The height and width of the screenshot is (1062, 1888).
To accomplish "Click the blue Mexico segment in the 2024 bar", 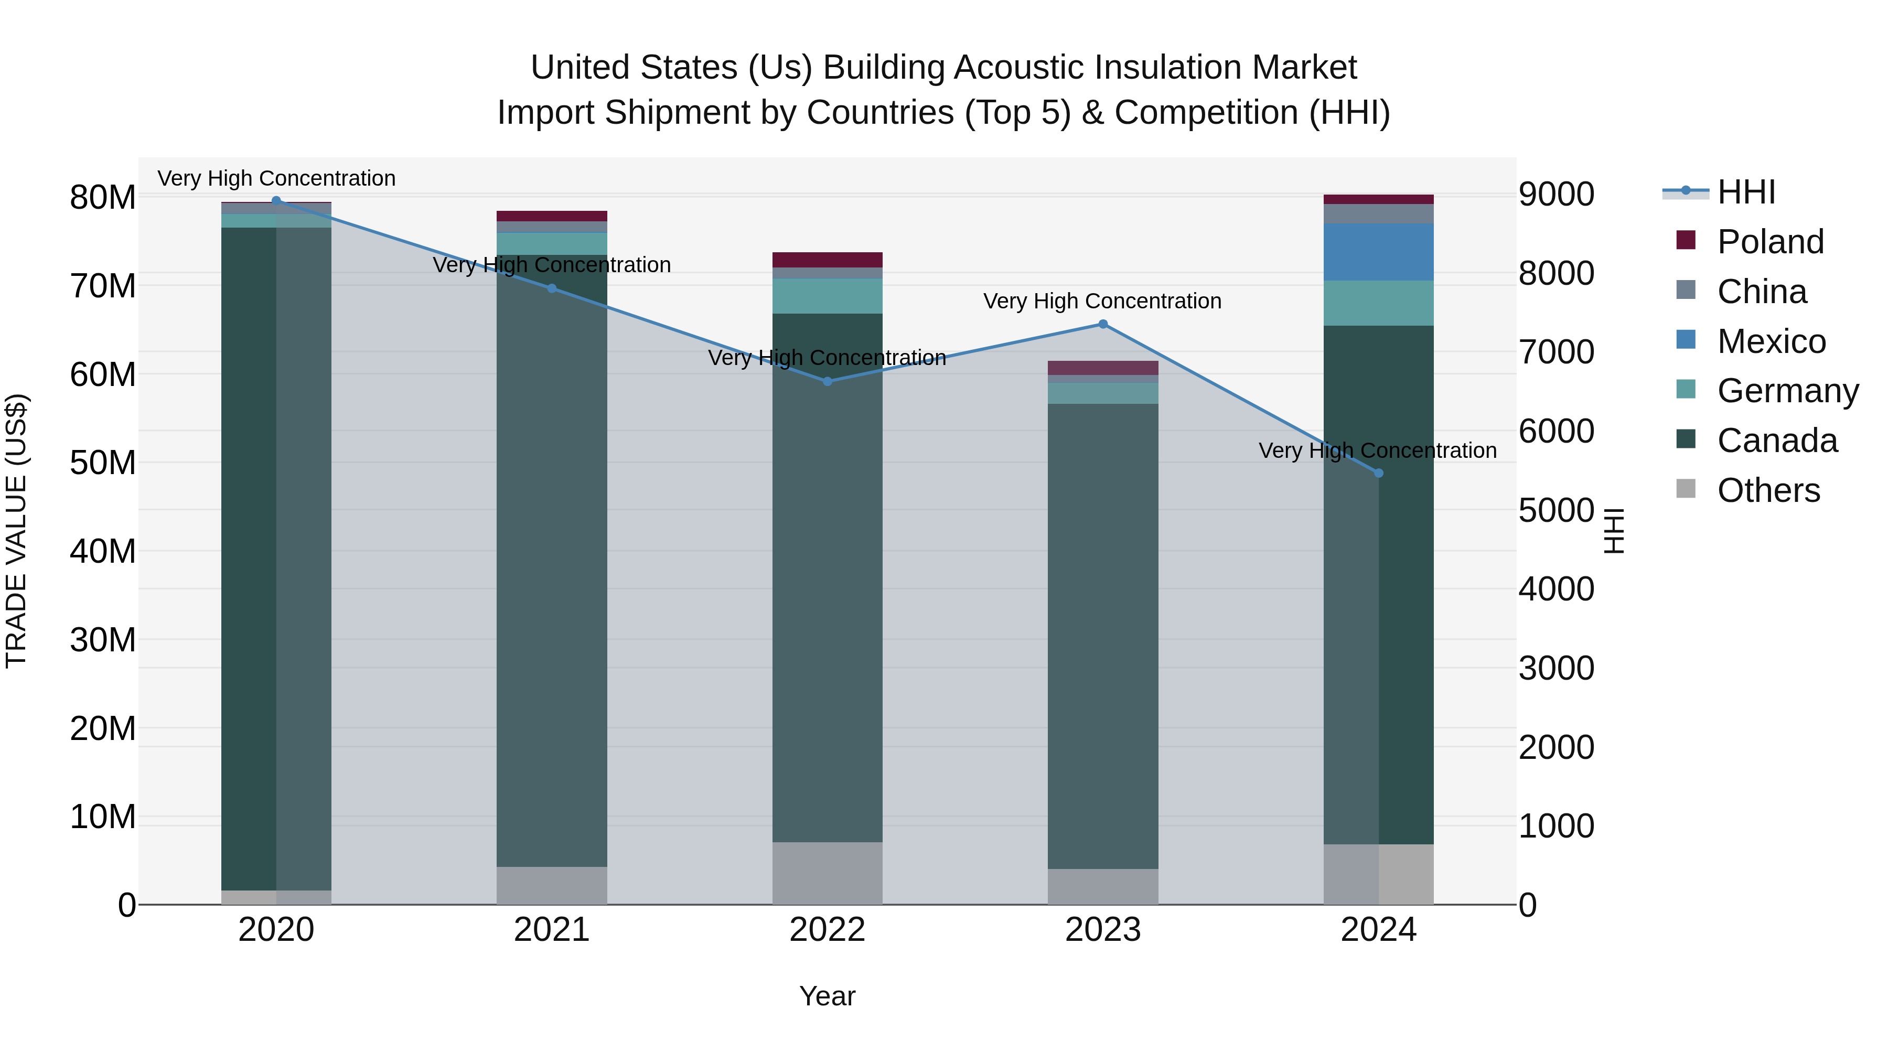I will (1378, 252).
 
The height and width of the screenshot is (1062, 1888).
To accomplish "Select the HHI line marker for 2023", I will (1102, 324).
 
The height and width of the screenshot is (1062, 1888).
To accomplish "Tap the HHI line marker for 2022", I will (828, 381).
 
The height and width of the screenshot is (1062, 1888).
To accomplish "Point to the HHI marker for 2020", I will (276, 200).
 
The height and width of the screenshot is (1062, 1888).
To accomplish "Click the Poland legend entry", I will (1769, 242).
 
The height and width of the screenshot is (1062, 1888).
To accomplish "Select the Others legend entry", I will (1768, 490).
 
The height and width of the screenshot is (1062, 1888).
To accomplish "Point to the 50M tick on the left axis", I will (103, 463).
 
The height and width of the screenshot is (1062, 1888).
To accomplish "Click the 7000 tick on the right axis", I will (1556, 352).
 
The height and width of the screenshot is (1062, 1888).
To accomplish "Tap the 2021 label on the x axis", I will (551, 930).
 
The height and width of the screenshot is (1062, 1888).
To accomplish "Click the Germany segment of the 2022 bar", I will (828, 296).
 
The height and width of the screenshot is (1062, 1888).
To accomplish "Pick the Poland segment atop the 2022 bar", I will (828, 260).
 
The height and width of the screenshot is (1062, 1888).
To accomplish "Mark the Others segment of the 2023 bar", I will (1102, 886).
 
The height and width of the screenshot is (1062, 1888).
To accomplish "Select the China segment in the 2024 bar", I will (1378, 214).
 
